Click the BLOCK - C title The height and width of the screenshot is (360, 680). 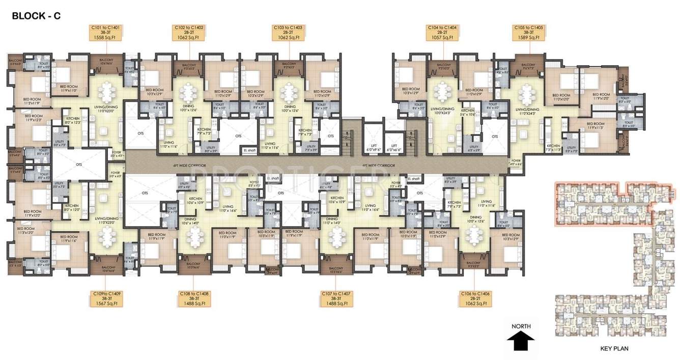tap(36, 16)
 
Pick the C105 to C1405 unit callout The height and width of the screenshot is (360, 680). tap(530, 33)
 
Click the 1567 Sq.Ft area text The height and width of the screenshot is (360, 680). tap(106, 304)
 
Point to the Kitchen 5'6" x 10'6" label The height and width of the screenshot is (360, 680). tap(468, 113)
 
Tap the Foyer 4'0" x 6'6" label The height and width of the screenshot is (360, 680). tap(517, 162)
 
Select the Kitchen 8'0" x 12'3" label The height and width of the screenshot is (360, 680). tap(73, 121)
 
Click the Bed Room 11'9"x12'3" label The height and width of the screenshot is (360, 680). tap(30, 119)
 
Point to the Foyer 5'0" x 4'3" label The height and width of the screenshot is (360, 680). tap(117, 154)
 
